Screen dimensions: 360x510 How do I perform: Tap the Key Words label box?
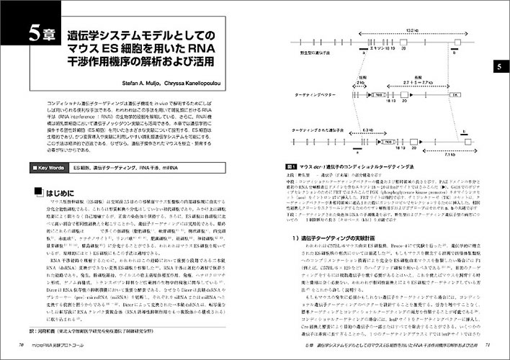pyautogui.click(x=49, y=167)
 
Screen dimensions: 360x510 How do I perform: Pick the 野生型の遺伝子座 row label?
pyautogui.click(x=317, y=52)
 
